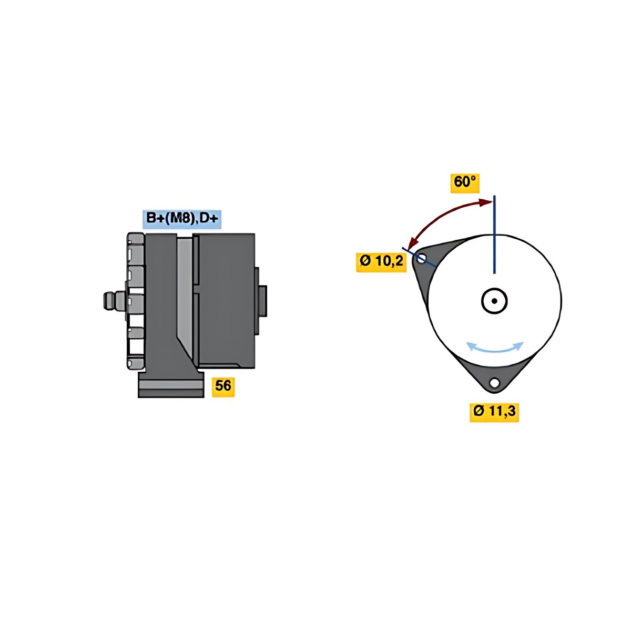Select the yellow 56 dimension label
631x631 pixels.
pos(223,387)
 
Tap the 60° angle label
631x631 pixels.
pos(465,183)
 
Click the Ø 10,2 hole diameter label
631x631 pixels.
pos(381,262)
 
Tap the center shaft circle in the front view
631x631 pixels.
pos(494,301)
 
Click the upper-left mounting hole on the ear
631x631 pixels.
pos(421,259)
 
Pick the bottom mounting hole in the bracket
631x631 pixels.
pos(494,382)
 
